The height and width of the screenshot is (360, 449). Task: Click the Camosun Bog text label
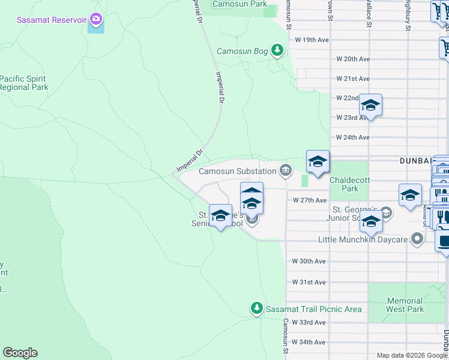(x=242, y=51)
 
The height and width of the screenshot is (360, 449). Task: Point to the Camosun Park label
(x=240, y=4)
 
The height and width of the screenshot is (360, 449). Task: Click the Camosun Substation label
(x=238, y=171)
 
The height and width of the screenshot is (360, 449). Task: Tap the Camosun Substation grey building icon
(x=286, y=171)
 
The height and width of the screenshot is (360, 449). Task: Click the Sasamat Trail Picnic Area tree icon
(x=256, y=308)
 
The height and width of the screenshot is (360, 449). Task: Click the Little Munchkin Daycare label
(x=363, y=240)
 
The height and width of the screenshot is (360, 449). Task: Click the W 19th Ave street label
(x=312, y=40)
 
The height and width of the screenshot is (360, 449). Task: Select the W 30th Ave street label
(x=309, y=261)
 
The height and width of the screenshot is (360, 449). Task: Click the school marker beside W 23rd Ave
(x=370, y=106)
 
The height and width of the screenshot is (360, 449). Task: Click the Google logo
(x=20, y=352)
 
